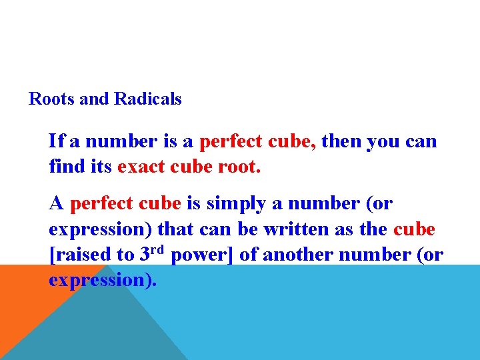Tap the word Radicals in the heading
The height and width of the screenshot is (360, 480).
pos(148,99)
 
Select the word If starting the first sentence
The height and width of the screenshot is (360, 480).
pos(56,141)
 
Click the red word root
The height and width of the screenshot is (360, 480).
pos(239,166)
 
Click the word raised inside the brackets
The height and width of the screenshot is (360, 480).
pos(84,255)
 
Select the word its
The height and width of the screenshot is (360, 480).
pos(101,166)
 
